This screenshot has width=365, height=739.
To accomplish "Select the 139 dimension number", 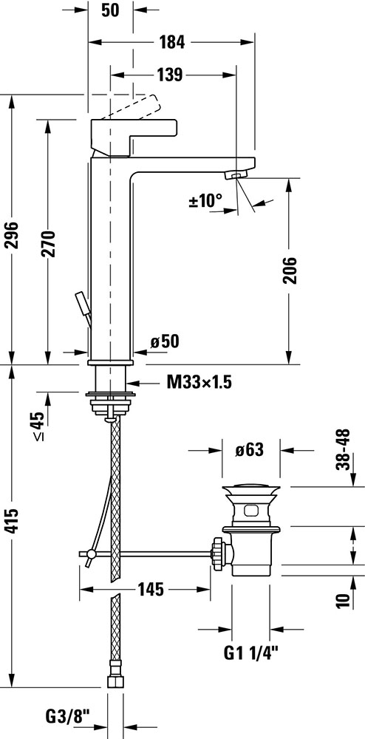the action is (168, 75).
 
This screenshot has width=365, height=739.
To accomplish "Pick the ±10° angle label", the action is (205, 201).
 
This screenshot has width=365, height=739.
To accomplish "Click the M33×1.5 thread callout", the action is (199, 382).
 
